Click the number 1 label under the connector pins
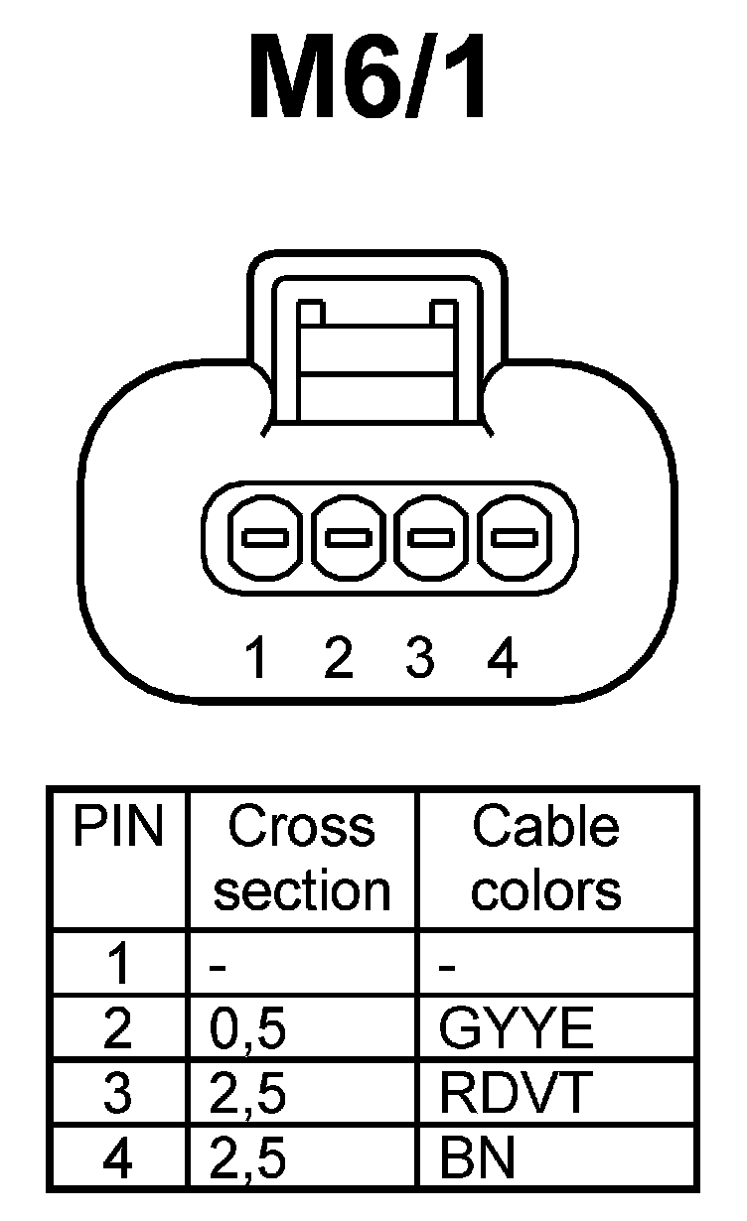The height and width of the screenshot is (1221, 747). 257,658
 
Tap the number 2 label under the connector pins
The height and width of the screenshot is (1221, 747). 339,658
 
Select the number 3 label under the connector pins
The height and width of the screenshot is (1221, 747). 420,658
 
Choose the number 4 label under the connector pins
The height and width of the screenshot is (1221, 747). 504,658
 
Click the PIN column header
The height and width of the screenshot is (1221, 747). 118,828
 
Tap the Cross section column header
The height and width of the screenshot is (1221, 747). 302,859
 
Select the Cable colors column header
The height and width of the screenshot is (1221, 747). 545,859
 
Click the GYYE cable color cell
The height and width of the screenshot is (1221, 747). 516,1030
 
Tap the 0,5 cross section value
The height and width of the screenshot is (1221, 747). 248,1030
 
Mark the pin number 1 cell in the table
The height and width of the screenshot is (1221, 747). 118,965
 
